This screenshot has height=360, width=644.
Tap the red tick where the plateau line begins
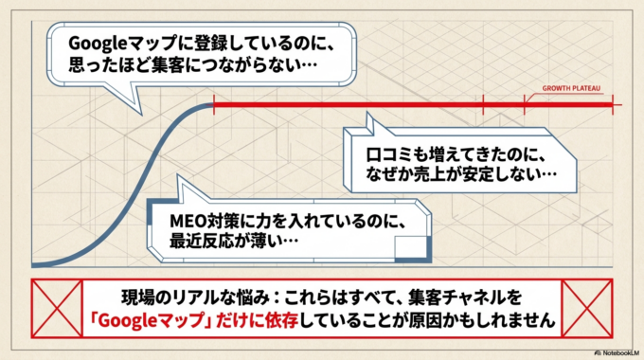tap(214, 104)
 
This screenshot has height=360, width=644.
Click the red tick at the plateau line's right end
tap(615, 104)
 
